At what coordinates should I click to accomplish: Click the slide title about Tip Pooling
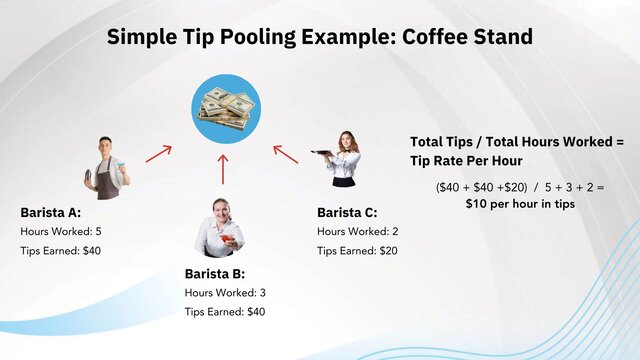(x=319, y=37)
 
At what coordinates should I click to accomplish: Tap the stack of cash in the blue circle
(x=226, y=107)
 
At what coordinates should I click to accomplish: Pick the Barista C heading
(x=347, y=212)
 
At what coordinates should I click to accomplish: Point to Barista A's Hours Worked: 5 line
(x=61, y=231)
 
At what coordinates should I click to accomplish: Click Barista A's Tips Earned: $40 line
(x=61, y=250)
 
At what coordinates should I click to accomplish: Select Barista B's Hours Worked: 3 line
(x=225, y=292)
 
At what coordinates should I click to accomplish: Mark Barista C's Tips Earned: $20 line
(x=357, y=250)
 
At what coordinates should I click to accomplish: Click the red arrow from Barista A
(x=159, y=153)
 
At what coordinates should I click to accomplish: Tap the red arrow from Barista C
(x=286, y=154)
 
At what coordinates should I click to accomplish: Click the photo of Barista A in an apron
(x=105, y=167)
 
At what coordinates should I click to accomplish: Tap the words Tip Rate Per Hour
(x=467, y=161)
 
